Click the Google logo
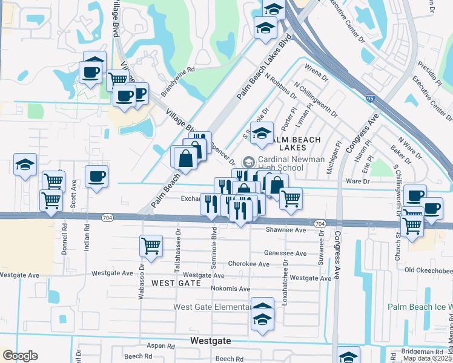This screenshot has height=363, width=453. pos(20,356)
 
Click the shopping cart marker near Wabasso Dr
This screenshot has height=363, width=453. pos(151,246)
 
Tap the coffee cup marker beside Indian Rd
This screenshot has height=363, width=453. pos(97,177)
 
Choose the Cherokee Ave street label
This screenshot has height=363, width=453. pos(248,264)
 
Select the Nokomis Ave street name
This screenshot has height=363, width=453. pos(230,288)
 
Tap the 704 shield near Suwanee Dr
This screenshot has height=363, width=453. pos(319,223)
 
